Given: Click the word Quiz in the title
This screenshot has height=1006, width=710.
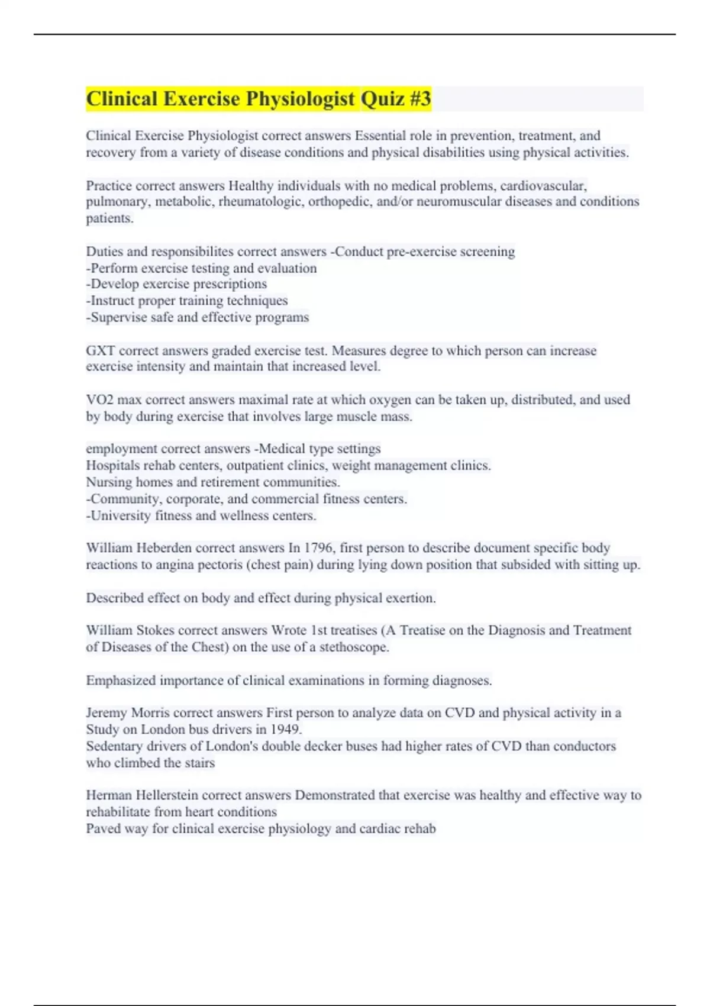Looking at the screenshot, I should pyautogui.click(x=382, y=99).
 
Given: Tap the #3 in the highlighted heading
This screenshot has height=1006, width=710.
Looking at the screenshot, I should pyautogui.click(x=419, y=99).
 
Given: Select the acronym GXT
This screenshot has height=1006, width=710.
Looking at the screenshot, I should pyautogui.click(x=101, y=351).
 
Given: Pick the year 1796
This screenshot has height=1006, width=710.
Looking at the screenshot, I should pyautogui.click(x=318, y=548).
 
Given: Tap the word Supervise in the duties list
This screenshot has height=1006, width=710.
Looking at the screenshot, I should pyautogui.click(x=117, y=318).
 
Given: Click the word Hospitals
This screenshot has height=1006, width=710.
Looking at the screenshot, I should pyautogui.click(x=112, y=466).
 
